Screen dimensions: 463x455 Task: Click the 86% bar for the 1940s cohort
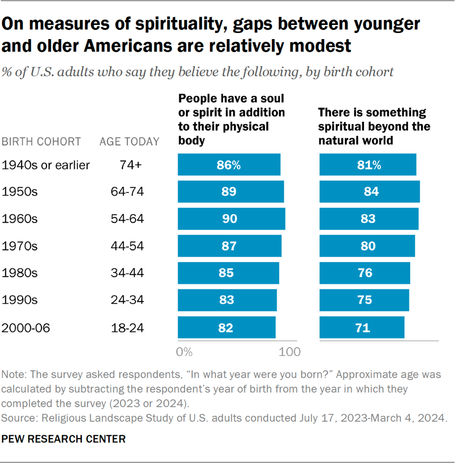pyautogui.click(x=229, y=165)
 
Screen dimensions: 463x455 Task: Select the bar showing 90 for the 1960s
pyautogui.click(x=231, y=219)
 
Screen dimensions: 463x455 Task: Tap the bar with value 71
pyautogui.click(x=362, y=327)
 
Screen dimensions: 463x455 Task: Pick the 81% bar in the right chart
pyautogui.click(x=368, y=165)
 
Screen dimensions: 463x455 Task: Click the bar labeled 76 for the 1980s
pyautogui.click(x=365, y=273)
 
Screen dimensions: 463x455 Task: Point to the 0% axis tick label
pyautogui.click(x=185, y=351)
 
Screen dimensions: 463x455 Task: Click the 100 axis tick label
pyautogui.click(x=290, y=351)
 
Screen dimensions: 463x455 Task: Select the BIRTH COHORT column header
pyautogui.click(x=41, y=142)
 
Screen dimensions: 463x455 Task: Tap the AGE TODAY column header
pyautogui.click(x=129, y=142)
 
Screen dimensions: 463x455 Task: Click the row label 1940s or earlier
pyautogui.click(x=46, y=165)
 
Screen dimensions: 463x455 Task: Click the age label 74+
pyautogui.click(x=130, y=165)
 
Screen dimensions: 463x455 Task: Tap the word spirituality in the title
pyautogui.click(x=168, y=24)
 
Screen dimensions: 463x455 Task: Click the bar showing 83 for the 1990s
pyautogui.click(x=227, y=300)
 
